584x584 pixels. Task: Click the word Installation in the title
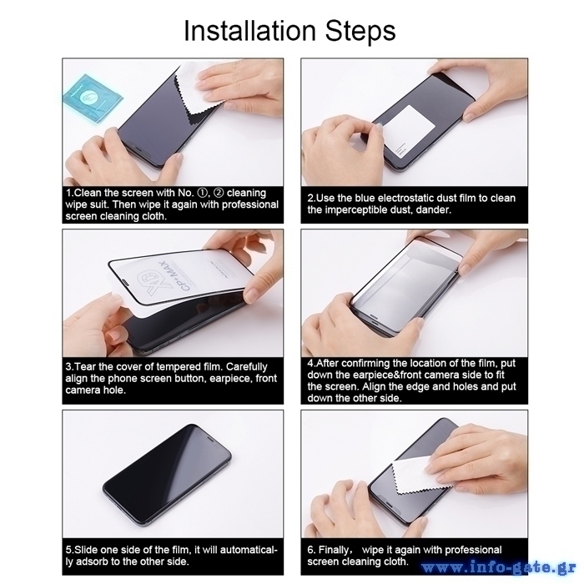[x=250, y=31]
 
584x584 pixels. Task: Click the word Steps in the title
[x=360, y=32]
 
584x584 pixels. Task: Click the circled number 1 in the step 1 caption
[x=202, y=193]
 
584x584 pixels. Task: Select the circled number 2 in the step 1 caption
[x=219, y=193]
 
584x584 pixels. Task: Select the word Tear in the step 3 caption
[x=83, y=367]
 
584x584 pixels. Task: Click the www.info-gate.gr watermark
[x=499, y=567]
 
